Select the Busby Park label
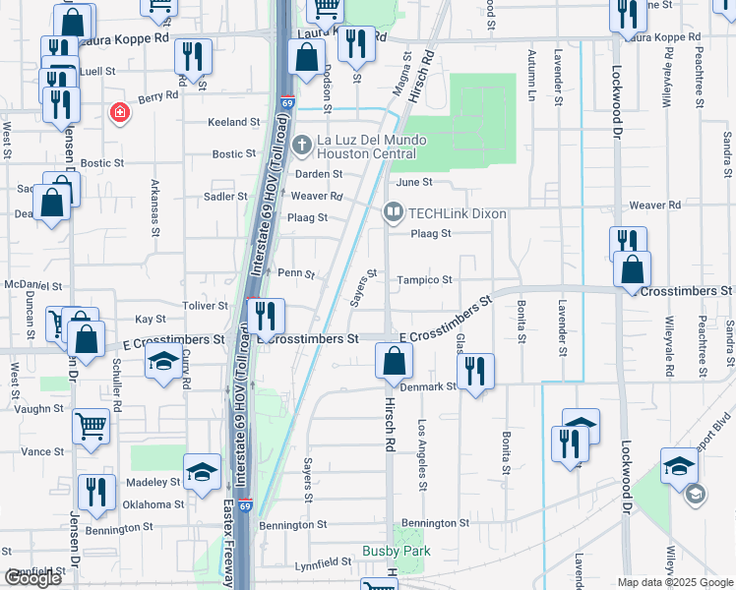click(393, 551)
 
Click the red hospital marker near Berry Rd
click(120, 113)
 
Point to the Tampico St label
click(424, 280)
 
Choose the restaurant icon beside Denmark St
click(475, 371)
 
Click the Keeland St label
click(233, 122)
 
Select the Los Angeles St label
click(421, 455)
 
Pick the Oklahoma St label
click(153, 504)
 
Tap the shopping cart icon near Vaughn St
click(91, 426)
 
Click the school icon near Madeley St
click(202, 471)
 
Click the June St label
click(413, 182)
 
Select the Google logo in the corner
click(32, 578)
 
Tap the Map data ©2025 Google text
click(674, 582)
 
